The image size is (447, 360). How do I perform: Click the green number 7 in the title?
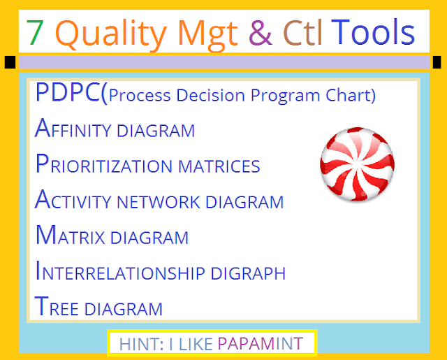pos(35,33)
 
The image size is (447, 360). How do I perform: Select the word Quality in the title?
pos(110,35)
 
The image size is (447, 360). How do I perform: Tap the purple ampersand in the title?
pos(261,32)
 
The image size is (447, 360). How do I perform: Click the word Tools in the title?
pos(373,31)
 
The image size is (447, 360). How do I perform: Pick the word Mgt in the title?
pos(208,35)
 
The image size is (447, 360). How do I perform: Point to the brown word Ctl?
pos(302,32)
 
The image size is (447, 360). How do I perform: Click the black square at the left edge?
pos(10,62)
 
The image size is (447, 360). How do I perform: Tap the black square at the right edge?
pos(437,62)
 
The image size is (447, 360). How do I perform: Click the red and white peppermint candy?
pos(357,164)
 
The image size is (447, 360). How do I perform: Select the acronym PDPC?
pos(68,92)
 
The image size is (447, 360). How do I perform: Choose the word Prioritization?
pos(104,164)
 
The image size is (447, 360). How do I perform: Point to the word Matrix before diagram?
pos(70,235)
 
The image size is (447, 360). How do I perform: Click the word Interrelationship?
pos(120,271)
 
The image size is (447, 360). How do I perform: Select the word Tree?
pos(56,306)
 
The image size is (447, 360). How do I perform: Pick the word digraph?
pos(248,273)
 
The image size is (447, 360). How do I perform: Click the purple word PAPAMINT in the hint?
pos(260,344)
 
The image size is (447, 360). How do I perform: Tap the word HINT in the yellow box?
pos(141,344)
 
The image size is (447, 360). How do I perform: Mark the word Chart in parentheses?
pos(351,95)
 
